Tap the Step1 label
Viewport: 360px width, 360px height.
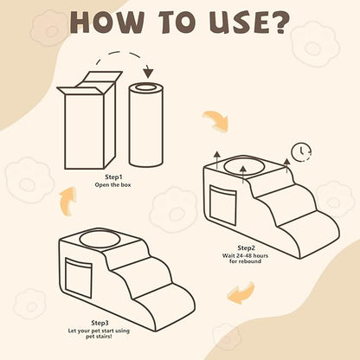[x=113, y=177]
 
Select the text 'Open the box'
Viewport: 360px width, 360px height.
[x=112, y=184]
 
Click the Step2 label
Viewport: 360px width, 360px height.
[x=247, y=248]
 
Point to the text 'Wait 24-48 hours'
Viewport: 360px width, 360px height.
[x=245, y=255]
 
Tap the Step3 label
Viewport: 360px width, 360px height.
[x=100, y=323]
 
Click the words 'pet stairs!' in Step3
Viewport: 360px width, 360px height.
[x=99, y=337]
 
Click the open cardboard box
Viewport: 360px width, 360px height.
[x=89, y=120]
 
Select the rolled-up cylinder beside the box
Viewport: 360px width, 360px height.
[x=146, y=125]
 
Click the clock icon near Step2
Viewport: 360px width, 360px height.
[x=301, y=151]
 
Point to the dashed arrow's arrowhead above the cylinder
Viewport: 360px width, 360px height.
[x=148, y=74]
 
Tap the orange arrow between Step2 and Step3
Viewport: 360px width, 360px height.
[x=241, y=292]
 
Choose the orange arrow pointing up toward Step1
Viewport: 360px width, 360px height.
[x=67, y=201]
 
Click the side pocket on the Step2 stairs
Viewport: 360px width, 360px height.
[x=223, y=206]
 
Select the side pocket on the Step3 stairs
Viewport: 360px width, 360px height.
[x=79, y=278]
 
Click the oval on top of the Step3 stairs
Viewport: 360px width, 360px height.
[x=100, y=240]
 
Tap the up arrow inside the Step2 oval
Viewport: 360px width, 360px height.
[x=243, y=175]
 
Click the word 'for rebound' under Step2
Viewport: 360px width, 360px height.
[x=245, y=261]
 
